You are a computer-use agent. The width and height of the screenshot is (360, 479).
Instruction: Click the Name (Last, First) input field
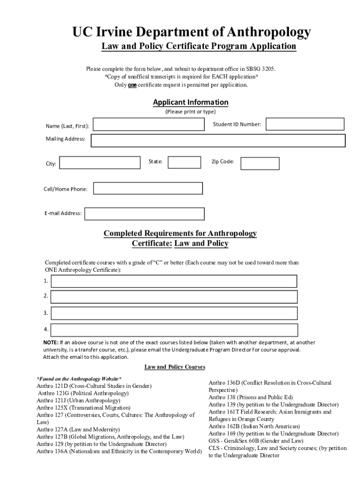149,124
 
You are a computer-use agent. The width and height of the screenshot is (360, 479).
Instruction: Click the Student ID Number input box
305,124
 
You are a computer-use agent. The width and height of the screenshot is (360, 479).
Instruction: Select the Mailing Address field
218,141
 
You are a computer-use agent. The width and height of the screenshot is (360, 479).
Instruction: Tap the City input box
101,163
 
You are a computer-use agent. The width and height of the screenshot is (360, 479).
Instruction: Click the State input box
184,162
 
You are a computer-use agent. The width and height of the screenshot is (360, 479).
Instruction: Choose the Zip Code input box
259,163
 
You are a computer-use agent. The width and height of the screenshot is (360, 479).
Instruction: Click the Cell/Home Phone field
148,188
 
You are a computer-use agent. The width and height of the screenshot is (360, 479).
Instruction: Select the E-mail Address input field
144,214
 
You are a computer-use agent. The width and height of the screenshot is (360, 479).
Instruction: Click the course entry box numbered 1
174,281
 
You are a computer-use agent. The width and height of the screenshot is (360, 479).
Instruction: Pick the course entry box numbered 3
174,313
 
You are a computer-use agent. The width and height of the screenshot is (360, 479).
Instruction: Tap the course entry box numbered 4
174,330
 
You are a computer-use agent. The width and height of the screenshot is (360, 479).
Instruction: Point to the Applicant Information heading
191,102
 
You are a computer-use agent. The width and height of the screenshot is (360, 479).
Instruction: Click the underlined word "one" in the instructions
132,85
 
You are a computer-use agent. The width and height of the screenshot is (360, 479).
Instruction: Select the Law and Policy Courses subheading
174,367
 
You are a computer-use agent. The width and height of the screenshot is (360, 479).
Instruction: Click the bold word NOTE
51,342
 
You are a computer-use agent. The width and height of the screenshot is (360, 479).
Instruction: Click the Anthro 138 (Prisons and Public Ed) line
251,397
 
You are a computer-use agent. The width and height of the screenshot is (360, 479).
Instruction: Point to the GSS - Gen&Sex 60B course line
256,441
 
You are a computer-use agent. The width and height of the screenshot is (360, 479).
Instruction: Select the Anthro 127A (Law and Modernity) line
78,429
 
